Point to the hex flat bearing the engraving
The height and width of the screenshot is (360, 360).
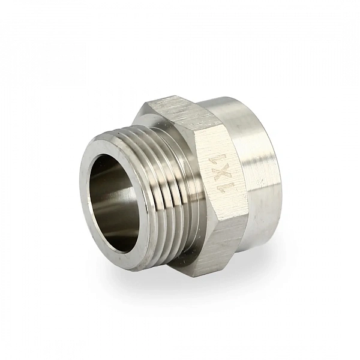220,172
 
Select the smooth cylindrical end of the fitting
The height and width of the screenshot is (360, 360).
257,170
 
